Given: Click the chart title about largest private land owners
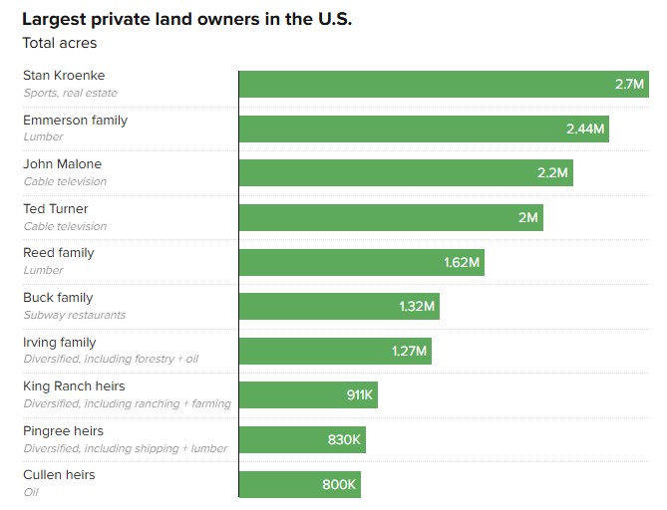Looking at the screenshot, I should [186, 19].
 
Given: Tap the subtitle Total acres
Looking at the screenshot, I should [60, 43].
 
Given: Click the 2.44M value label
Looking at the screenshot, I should [585, 128].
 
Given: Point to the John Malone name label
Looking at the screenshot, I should [62, 163].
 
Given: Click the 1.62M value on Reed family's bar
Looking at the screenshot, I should [462, 262].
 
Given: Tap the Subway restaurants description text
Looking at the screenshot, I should [74, 315].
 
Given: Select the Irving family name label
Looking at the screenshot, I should [60, 342].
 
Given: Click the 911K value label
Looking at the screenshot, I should [360, 395].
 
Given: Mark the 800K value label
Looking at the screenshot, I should [339, 484].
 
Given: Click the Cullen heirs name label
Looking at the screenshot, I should [59, 475].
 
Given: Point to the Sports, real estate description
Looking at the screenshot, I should [70, 93].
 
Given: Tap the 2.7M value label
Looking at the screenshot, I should [630, 85].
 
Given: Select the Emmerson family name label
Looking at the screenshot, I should [75, 120].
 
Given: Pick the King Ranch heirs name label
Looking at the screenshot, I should [74, 385].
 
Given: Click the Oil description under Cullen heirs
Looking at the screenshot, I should [30, 492].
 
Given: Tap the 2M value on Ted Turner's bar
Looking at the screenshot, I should [527, 217].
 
